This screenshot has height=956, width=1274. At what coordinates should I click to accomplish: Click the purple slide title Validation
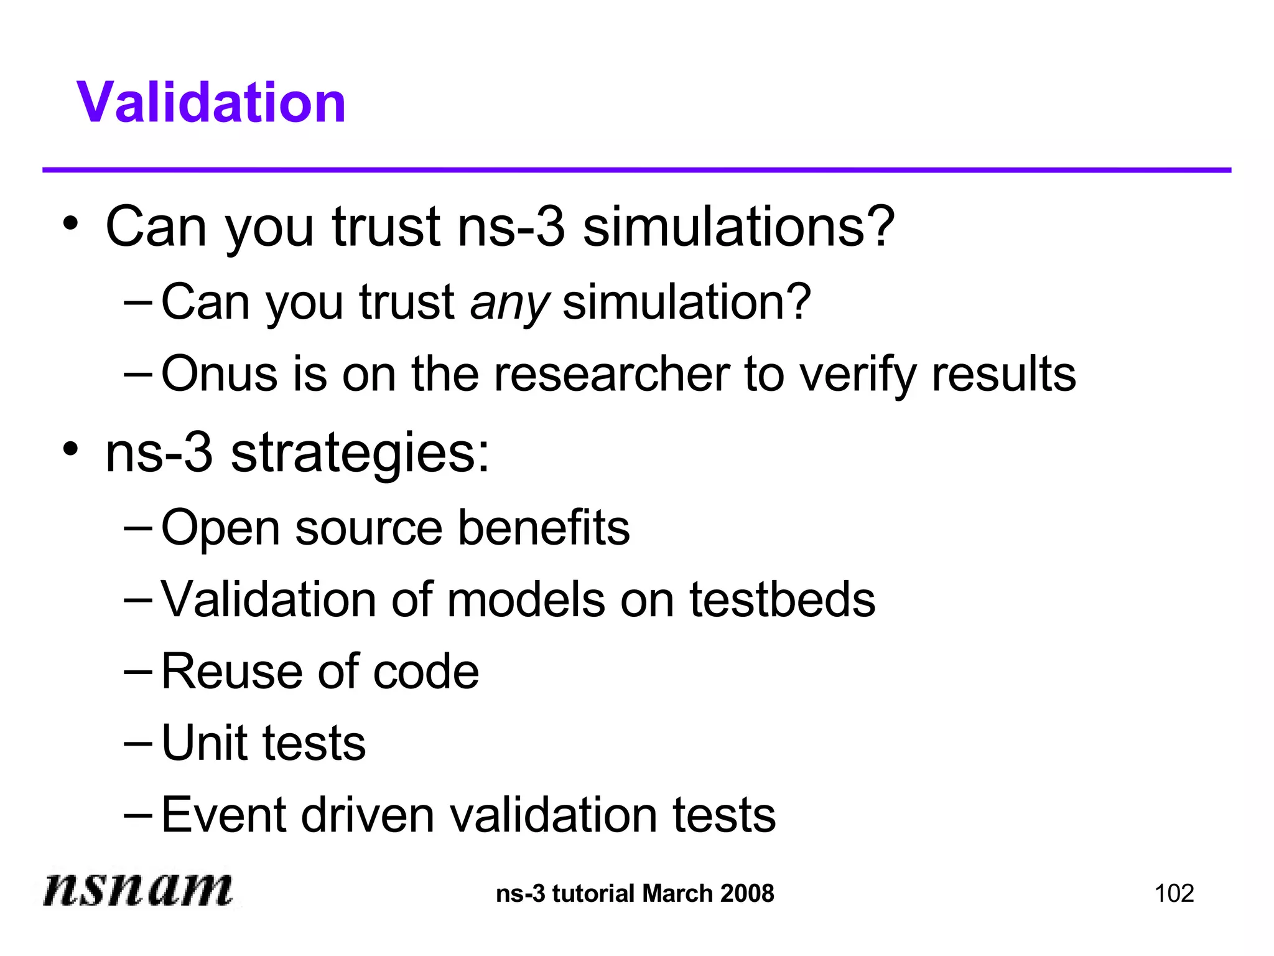click(x=211, y=103)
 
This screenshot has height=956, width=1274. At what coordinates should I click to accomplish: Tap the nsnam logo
click(x=137, y=888)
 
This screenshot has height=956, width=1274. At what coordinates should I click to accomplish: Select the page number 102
click(x=1174, y=894)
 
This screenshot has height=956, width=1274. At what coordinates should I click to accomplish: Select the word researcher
click(x=611, y=374)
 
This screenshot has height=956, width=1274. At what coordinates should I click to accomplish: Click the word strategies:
click(x=360, y=453)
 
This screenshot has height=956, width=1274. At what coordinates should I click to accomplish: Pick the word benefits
click(x=544, y=528)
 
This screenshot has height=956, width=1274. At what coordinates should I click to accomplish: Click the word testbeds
click(x=782, y=599)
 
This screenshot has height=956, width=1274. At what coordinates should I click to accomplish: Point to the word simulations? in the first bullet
click(x=738, y=227)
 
